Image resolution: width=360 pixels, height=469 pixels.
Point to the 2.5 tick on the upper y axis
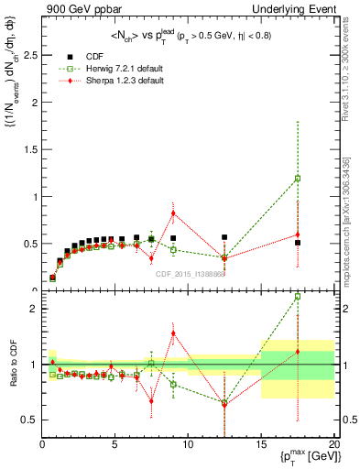(x=30, y=55)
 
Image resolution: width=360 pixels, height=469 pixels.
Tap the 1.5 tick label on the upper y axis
(x=30, y=149)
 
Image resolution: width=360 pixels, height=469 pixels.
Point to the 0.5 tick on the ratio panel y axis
(x=30, y=420)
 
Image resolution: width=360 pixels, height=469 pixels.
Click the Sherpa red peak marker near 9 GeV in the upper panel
(x=173, y=213)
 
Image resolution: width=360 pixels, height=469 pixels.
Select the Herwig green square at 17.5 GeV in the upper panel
(x=298, y=179)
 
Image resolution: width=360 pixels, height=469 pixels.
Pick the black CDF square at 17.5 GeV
(x=298, y=243)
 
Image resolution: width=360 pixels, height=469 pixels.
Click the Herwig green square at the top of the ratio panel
(x=298, y=297)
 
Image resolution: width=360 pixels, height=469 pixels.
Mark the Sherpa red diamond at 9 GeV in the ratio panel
(x=173, y=333)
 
